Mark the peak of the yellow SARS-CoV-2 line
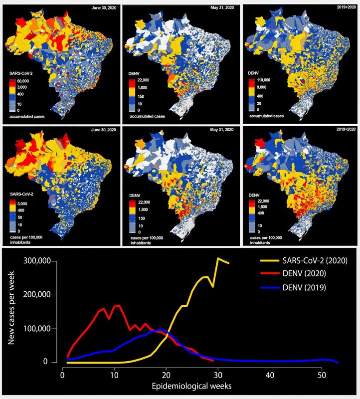point(218,258)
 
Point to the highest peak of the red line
point(119,305)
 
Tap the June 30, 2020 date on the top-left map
point(103,8)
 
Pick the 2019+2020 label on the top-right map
point(344,8)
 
